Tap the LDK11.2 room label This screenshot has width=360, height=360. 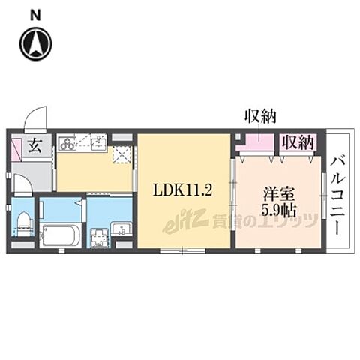tap(184, 191)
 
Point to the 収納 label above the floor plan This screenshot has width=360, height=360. tap(260, 116)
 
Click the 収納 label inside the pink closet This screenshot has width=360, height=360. tap(298, 142)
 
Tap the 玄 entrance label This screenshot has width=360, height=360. tap(35, 146)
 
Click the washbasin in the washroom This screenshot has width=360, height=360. tap(121, 229)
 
